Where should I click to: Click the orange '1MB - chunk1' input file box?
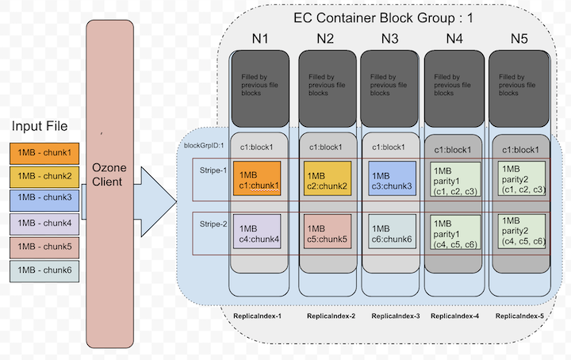click(44, 152)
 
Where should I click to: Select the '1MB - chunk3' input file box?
click(44, 197)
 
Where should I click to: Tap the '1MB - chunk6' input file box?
click(44, 270)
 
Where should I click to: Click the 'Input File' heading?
click(40, 127)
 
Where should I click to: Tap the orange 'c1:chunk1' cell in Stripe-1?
click(259, 181)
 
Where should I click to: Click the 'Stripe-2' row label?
click(213, 224)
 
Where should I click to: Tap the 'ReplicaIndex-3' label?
click(394, 316)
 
